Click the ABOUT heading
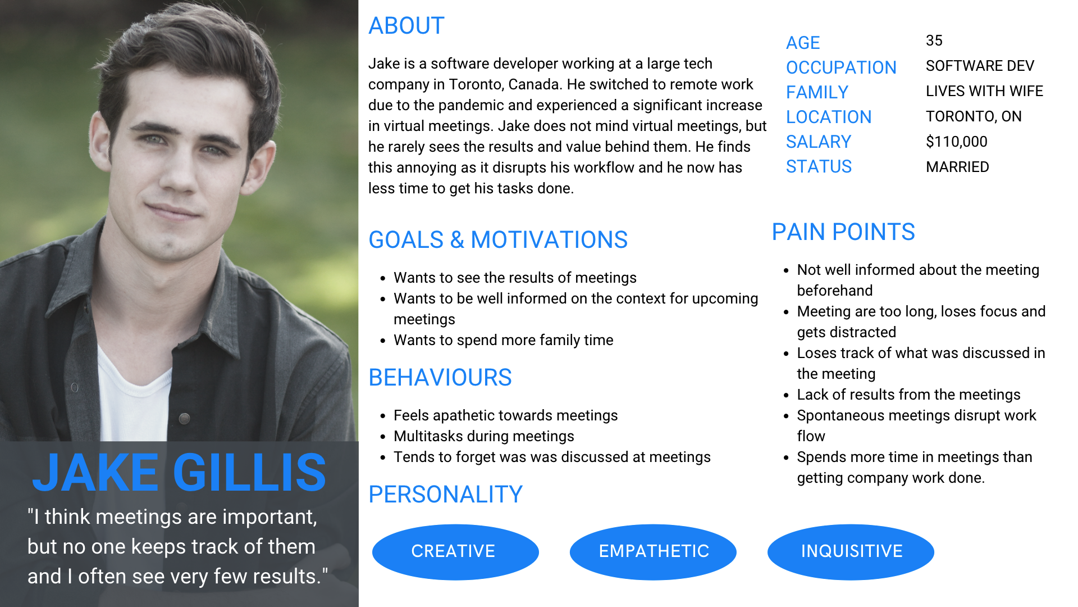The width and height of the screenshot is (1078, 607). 406,26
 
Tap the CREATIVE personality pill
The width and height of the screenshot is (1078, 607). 455,551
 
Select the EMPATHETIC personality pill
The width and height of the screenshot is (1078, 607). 653,551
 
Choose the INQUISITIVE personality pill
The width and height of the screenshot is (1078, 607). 851,551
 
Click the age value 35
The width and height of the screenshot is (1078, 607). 934,40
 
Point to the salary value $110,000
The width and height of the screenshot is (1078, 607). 957,142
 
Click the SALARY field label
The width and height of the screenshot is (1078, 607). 819,142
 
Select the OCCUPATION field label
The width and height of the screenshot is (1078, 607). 841,67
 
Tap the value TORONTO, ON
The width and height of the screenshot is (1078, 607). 974,116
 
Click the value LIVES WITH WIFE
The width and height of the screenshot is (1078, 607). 984,91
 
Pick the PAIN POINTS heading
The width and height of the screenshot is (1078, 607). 843,232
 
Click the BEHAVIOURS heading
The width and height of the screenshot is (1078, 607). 440,378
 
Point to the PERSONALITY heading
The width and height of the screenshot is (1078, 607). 446,495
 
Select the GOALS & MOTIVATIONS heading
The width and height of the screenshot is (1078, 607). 498,240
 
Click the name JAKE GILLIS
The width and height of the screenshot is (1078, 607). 179,473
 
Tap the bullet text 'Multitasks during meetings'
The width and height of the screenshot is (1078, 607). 484,436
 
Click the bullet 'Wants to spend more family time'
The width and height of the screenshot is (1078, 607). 504,340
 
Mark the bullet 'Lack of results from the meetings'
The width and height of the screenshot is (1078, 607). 908,395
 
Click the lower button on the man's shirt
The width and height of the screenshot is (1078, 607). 184,418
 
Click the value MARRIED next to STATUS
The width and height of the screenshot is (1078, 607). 957,167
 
